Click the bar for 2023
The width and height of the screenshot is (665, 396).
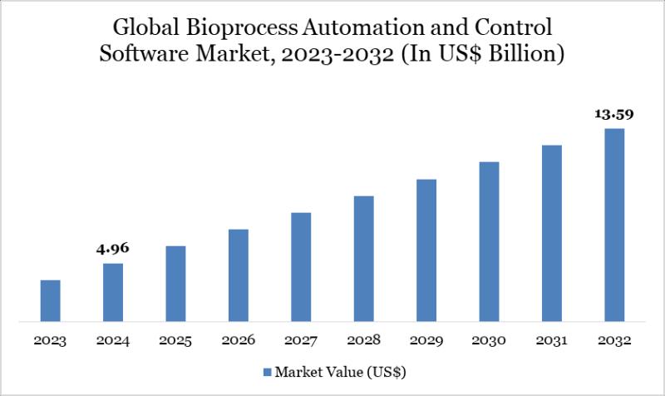(51, 300)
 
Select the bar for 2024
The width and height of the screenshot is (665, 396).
(113, 292)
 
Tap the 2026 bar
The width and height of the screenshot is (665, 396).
(239, 275)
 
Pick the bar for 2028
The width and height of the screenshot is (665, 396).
(363, 258)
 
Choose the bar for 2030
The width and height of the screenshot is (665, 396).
(489, 241)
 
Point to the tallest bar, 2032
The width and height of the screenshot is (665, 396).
(613, 225)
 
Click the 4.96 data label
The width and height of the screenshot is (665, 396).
(113, 249)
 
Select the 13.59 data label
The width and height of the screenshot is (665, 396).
(613, 114)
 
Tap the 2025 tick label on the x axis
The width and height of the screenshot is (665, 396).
(175, 341)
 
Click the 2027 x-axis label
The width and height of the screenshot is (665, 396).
(301, 341)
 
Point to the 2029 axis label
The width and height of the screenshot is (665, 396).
(426, 341)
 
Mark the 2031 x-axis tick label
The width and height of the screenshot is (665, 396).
(551, 341)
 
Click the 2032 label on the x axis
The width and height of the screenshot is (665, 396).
(613, 341)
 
